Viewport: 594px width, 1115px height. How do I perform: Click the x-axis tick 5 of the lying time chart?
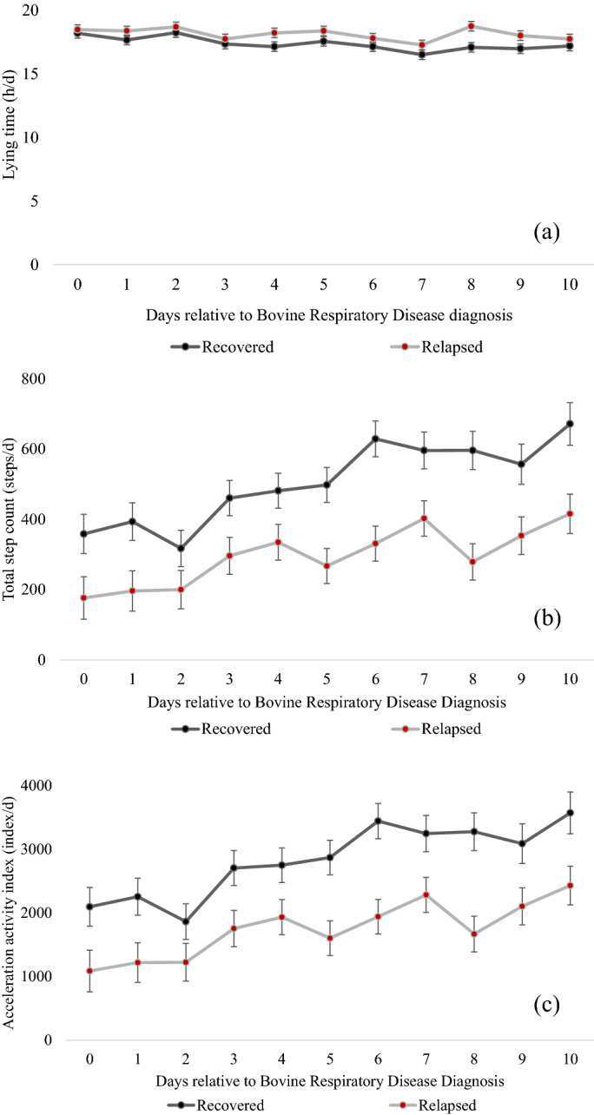324,283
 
